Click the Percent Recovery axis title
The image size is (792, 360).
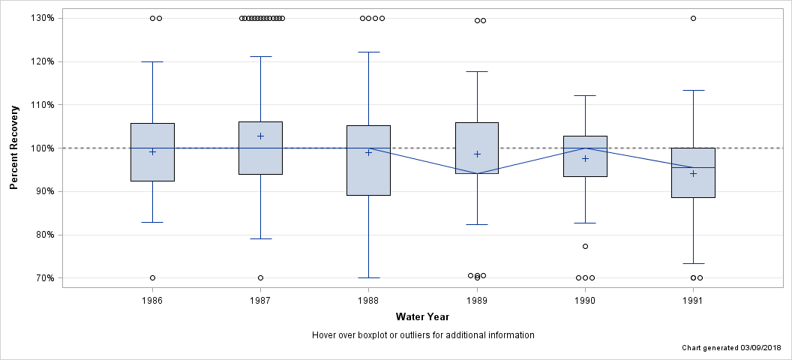coord(14,148)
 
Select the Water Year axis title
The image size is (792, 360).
coord(422,317)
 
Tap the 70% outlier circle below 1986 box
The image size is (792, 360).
coord(152,277)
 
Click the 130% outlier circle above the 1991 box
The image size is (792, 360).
coord(693,18)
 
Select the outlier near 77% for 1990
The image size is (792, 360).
coord(585,246)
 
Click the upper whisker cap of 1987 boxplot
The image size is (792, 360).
coord(260,56)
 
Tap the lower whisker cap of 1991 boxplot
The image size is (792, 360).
coord(693,263)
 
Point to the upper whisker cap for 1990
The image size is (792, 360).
coord(585,95)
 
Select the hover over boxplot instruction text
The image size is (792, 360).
coord(422,335)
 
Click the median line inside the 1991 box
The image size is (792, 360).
coord(693,167)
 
